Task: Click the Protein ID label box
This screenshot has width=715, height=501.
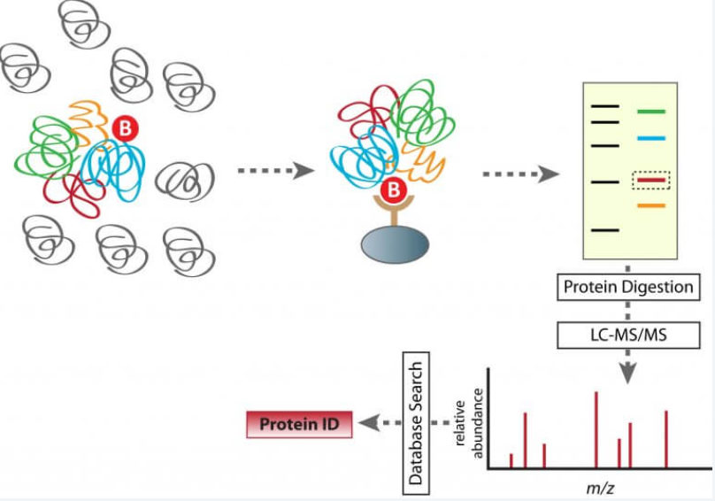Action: pos(298,425)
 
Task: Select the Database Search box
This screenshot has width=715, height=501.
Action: pos(414,425)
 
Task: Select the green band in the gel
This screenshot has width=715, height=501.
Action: pos(650,112)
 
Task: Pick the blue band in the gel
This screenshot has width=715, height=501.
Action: pos(650,139)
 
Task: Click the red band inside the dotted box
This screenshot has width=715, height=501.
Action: pos(650,180)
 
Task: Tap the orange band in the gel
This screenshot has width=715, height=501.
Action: pos(650,206)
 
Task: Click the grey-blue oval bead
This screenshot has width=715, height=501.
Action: pos(395,243)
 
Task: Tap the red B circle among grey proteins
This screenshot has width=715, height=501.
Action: pos(125,129)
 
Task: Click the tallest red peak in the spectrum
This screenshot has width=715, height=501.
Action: pos(596,428)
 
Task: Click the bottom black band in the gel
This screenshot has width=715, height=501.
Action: pos(605,230)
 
